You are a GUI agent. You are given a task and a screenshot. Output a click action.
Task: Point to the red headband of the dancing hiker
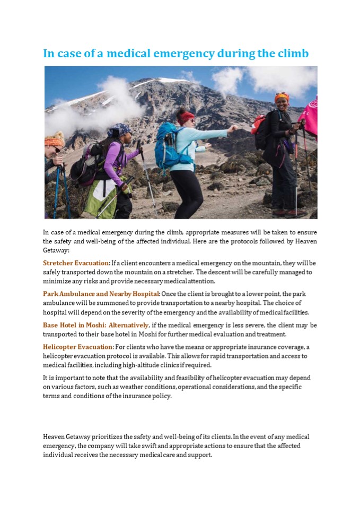coord(186,118)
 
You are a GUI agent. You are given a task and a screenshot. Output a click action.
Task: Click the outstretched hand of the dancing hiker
coord(232,128)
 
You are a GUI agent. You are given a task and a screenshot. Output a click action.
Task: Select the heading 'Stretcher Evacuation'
coord(76,263)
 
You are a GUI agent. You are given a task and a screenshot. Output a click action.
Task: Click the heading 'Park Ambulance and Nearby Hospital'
coord(101,294)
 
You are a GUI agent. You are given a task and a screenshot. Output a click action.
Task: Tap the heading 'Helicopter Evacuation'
coord(78,347)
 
